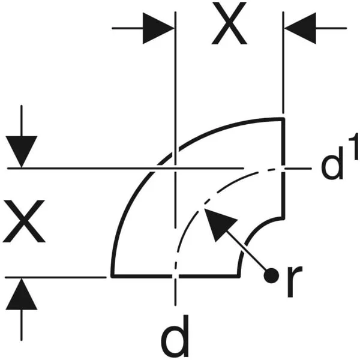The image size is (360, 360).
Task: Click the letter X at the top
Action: point(229,23)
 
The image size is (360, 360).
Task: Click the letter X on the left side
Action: point(24,221)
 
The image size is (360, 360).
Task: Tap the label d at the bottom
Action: point(175,335)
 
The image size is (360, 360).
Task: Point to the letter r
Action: point(295,282)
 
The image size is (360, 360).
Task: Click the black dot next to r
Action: point(271,275)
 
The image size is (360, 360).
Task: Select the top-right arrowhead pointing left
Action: point(301,28)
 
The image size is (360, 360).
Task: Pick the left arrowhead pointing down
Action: point(22,152)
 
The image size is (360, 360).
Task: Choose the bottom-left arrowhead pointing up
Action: point(22,294)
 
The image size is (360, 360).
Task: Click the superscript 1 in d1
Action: point(353,146)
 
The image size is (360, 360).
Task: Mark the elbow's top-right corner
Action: point(284,118)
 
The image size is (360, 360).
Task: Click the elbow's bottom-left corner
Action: point(112,276)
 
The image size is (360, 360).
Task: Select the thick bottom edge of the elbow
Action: point(176,276)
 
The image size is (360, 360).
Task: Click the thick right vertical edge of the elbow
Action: point(284,168)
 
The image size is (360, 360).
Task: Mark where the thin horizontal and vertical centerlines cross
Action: point(175,168)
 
